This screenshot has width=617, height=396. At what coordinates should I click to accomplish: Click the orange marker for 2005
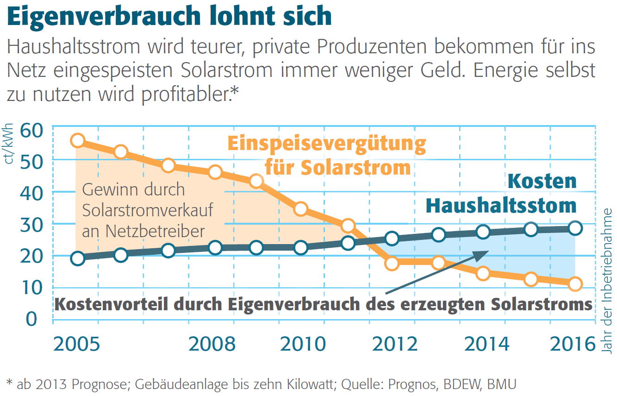(78, 141)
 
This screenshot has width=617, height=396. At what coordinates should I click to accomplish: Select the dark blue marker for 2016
(575, 227)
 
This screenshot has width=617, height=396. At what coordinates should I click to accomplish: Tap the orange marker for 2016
(575, 284)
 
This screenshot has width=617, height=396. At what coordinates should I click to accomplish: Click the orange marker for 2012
(392, 263)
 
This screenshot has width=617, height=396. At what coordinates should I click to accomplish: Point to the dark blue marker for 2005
(78, 258)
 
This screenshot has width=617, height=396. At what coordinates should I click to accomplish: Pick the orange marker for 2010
(301, 209)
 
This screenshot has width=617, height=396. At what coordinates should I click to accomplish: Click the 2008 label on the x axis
(212, 344)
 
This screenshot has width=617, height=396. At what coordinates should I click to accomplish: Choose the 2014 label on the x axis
(486, 344)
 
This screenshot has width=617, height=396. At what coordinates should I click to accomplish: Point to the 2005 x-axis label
(76, 344)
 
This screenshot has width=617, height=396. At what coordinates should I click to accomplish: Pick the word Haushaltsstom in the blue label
(501, 205)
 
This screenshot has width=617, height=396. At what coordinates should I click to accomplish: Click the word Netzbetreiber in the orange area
(143, 231)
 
